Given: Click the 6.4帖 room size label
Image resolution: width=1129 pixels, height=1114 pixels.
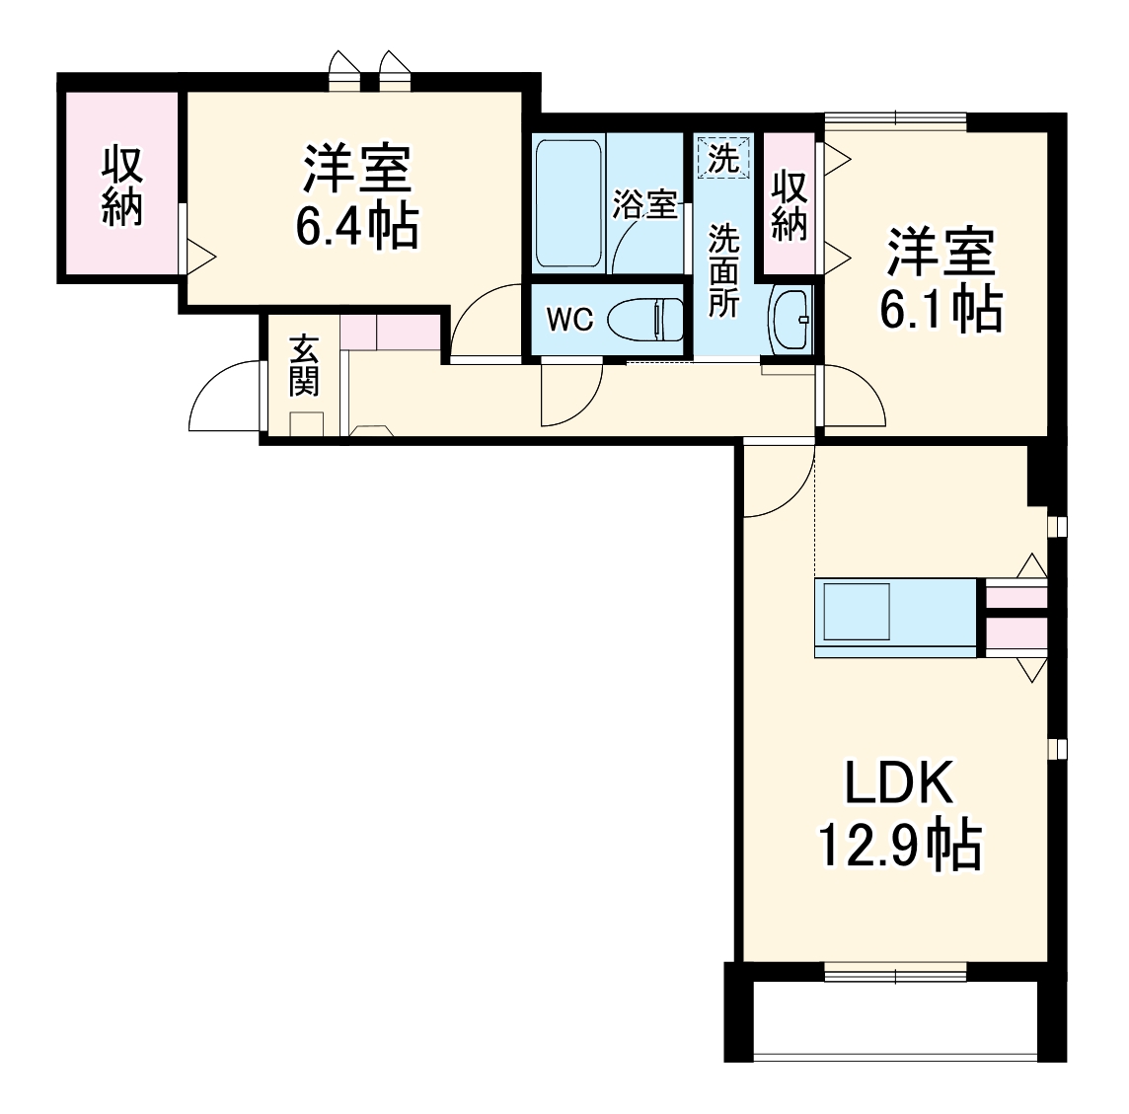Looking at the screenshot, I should tap(357, 226).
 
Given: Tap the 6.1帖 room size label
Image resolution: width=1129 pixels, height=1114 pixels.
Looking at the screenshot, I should tap(941, 309).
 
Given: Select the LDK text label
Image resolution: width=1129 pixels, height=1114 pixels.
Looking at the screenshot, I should tap(898, 783).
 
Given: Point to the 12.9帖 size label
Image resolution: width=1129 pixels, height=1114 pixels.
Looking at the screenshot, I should tap(899, 845).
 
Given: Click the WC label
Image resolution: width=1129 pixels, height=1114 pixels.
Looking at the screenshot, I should tap(569, 320).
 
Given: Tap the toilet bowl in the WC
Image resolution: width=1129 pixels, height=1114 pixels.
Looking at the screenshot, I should tap(645, 320).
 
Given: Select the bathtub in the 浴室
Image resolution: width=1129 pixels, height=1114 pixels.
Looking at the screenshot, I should tap(568, 204).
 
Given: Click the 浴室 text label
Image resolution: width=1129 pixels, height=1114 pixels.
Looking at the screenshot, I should tap(644, 205).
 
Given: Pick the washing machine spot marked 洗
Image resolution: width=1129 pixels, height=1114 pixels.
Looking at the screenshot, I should tap(723, 158).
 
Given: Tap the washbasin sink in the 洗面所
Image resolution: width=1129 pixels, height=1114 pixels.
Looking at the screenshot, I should tap(790, 320).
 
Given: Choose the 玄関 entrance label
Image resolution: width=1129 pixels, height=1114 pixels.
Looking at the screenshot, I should tap(304, 365).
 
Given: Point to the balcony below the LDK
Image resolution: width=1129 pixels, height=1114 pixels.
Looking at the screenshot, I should tap(895, 1020).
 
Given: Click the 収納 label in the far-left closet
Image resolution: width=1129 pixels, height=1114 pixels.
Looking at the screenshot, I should tap(123, 186).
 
